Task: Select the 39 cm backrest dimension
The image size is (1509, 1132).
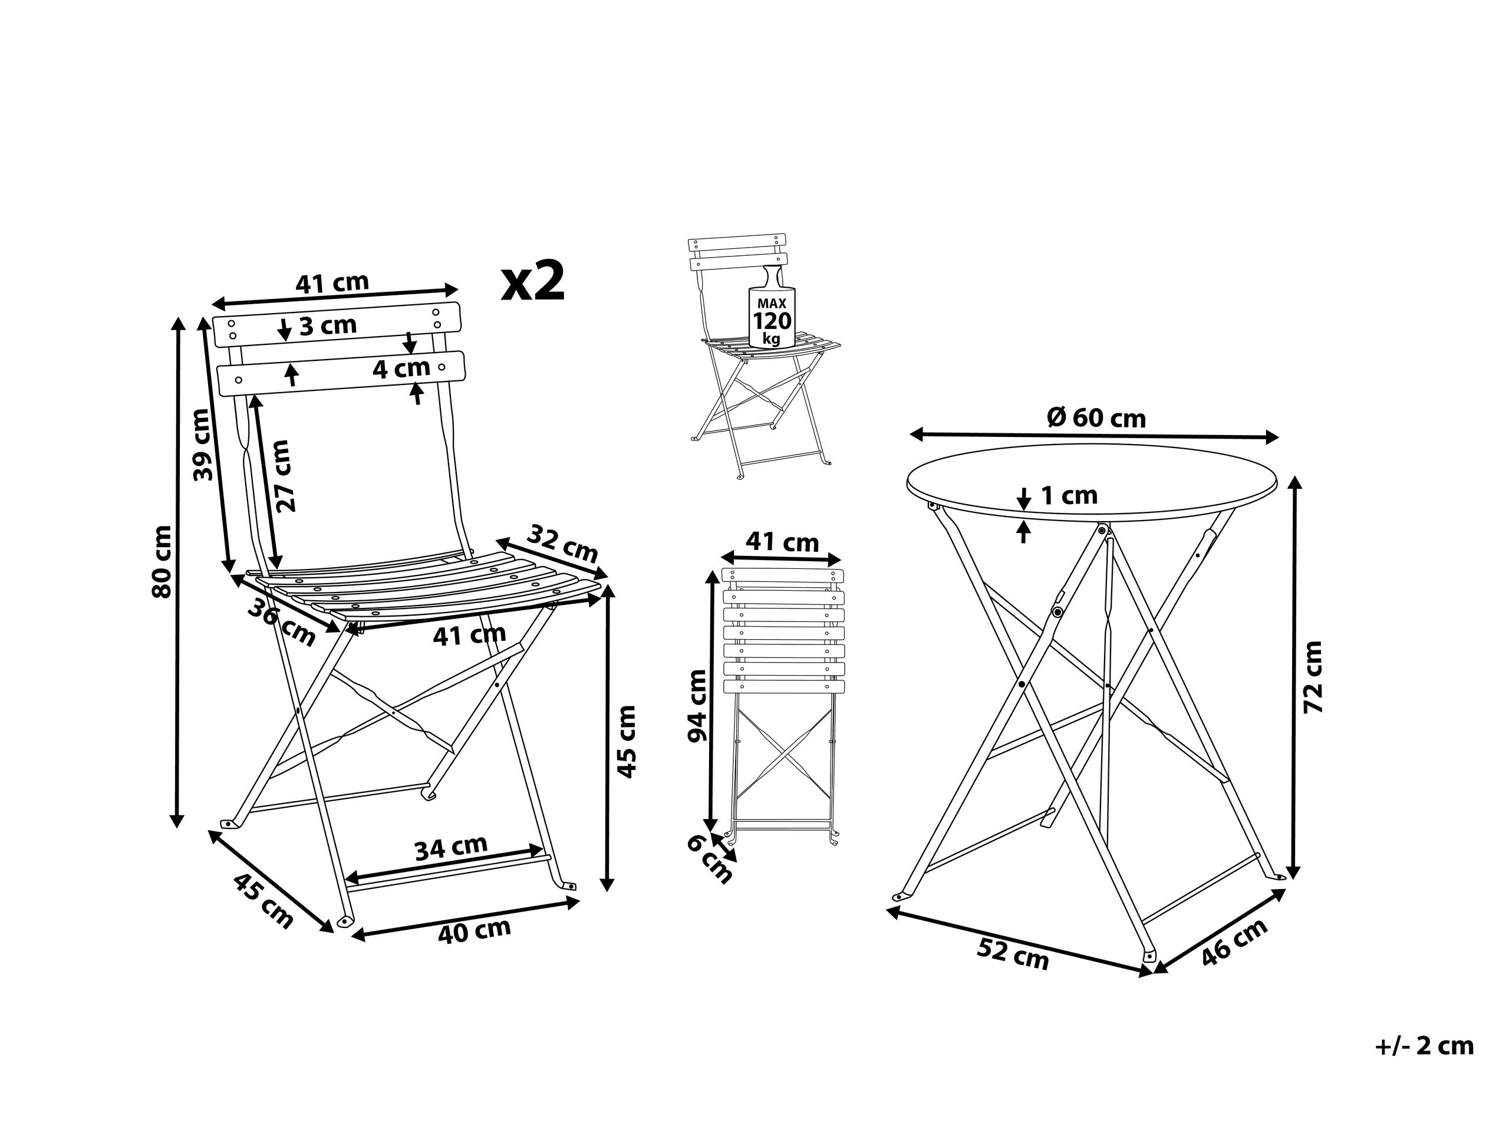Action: pyautogui.click(x=203, y=444)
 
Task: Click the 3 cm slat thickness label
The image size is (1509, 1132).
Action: pyautogui.click(x=328, y=325)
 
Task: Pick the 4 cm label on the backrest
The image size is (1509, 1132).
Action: pyautogui.click(x=401, y=369)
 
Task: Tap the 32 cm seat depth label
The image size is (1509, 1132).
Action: pyautogui.click(x=564, y=542)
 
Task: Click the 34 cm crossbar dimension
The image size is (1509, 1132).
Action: pyautogui.click(x=451, y=847)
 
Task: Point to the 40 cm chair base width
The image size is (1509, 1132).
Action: pyautogui.click(x=474, y=931)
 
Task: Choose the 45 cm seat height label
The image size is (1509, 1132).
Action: pyautogui.click(x=626, y=742)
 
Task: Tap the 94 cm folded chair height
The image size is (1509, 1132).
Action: pyautogui.click(x=697, y=706)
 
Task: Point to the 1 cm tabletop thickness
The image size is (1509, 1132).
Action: pyautogui.click(x=1069, y=495)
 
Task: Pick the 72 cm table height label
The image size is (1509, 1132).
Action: pyautogui.click(x=1313, y=677)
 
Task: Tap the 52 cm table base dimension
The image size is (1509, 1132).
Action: pyautogui.click(x=1013, y=955)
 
